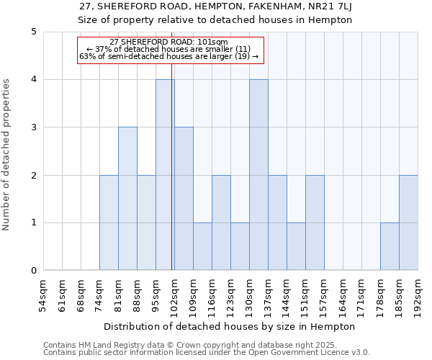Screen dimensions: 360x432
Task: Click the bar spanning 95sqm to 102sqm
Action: [165, 175]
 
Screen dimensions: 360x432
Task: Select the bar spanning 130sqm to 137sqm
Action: [258, 175]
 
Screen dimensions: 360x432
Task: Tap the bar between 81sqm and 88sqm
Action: [127, 199]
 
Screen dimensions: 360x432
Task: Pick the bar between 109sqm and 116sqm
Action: [202, 246]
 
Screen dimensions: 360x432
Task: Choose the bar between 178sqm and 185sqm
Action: [390, 246]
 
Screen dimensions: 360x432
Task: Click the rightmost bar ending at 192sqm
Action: [408, 222]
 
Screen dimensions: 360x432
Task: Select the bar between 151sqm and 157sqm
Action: [315, 222]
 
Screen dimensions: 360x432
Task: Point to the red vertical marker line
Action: [172, 180]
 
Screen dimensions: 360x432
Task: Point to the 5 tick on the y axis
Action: [33, 32]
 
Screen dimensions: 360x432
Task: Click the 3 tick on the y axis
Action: [33, 127]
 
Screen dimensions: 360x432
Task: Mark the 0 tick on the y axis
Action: [33, 271]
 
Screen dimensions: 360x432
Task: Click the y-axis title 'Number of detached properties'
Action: [7, 155]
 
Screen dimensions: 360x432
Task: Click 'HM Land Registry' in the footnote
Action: [102, 345]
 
